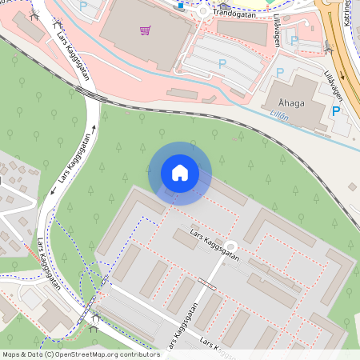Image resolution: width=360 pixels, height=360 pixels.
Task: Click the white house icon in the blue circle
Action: click(x=180, y=173)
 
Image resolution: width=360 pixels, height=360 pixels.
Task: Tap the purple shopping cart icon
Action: click(x=145, y=30)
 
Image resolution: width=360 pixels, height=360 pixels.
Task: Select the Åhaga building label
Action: click(x=292, y=103)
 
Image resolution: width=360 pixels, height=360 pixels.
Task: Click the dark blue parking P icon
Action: click(x=336, y=111)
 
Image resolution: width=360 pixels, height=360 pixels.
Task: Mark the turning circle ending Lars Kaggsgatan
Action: click(x=231, y=246)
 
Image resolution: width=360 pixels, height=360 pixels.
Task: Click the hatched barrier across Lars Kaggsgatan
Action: click(x=206, y=283)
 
